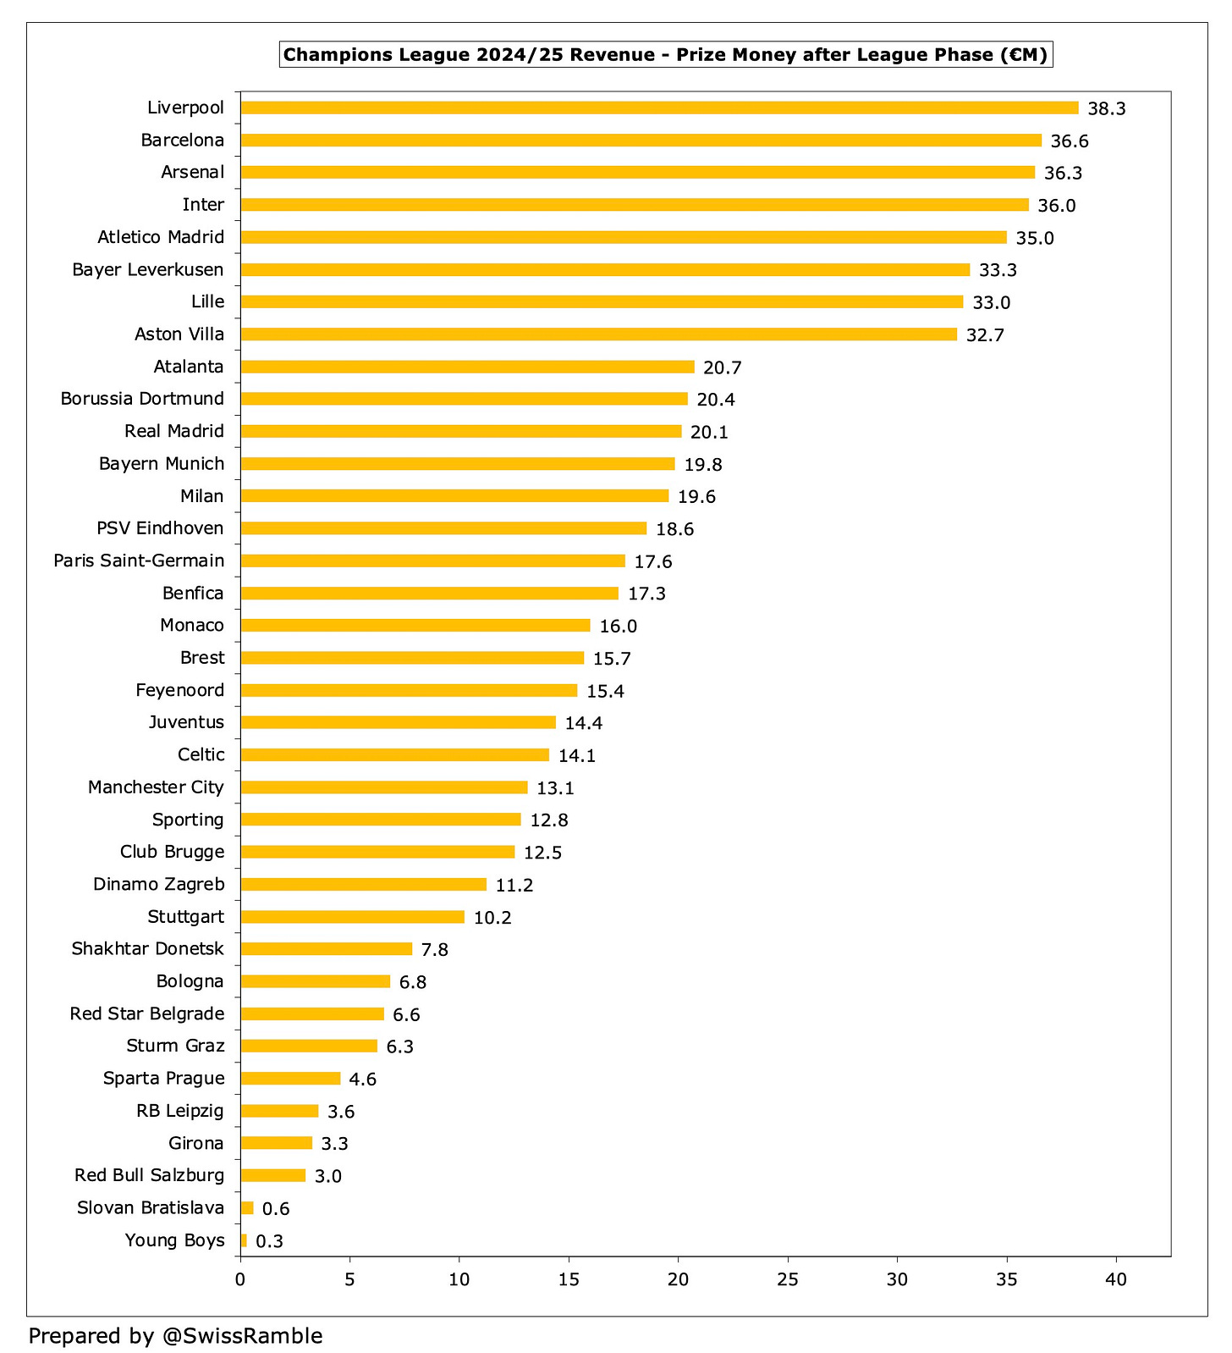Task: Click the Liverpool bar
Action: (x=659, y=108)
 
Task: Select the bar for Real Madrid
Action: (x=461, y=432)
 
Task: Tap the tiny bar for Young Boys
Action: (x=244, y=1240)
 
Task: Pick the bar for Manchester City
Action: (x=384, y=787)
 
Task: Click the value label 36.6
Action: (x=1070, y=141)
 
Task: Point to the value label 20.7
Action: (x=722, y=367)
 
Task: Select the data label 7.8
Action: (x=434, y=950)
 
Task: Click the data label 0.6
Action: (x=275, y=1209)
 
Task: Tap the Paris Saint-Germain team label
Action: (x=139, y=561)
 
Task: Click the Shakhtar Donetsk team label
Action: (x=148, y=948)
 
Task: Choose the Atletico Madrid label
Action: (x=161, y=237)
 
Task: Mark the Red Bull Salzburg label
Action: (x=150, y=1175)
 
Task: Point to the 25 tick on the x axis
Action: (x=788, y=1279)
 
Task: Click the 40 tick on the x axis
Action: (x=1116, y=1279)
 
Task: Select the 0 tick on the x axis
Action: (x=240, y=1279)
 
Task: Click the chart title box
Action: (x=665, y=55)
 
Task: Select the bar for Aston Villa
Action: (x=598, y=334)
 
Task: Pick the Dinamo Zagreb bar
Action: (x=363, y=884)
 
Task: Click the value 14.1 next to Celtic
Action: (x=576, y=756)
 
